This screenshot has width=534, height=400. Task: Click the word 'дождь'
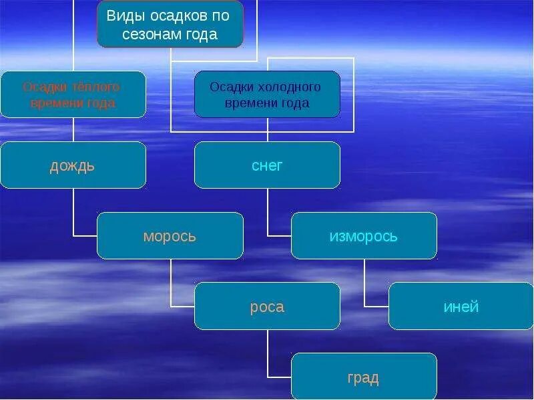(x=72, y=165)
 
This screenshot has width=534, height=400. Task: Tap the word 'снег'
(x=267, y=165)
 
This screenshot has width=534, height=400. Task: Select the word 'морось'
(x=170, y=236)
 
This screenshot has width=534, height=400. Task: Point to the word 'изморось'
(x=364, y=236)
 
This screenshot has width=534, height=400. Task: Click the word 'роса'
(x=267, y=307)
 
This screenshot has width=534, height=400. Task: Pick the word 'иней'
(x=461, y=307)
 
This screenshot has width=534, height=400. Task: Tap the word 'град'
(x=363, y=378)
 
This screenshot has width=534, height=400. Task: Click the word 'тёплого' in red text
(x=96, y=87)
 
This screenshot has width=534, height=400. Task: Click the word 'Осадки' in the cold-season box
(x=229, y=87)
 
